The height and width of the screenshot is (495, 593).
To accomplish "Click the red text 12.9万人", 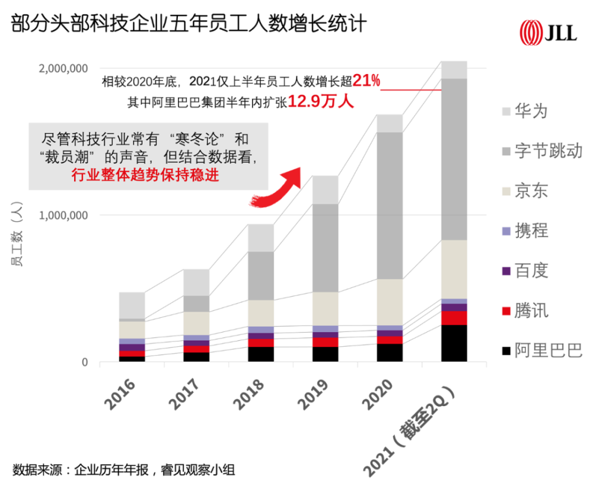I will pyautogui.click(x=321, y=102).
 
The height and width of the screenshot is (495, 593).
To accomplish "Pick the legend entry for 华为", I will pyautogui.click(x=523, y=111).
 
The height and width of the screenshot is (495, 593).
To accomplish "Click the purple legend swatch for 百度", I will pyautogui.click(x=505, y=271).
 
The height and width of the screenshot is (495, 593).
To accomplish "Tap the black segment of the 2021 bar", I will pyautogui.click(x=454, y=343).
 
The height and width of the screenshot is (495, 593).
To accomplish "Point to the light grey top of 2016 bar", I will pyautogui.click(x=132, y=305).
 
